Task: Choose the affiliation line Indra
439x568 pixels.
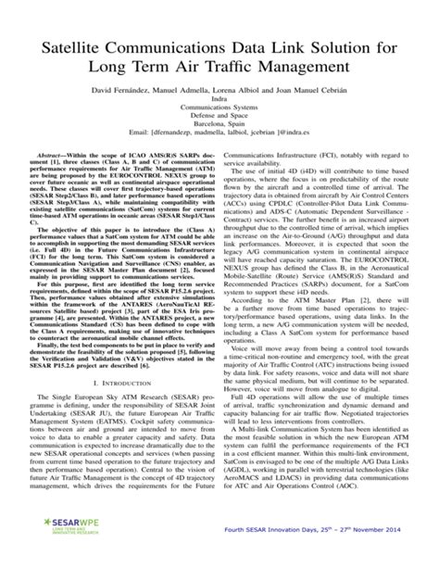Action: (x=219, y=104)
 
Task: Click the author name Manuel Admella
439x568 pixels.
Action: (x=191, y=94)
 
